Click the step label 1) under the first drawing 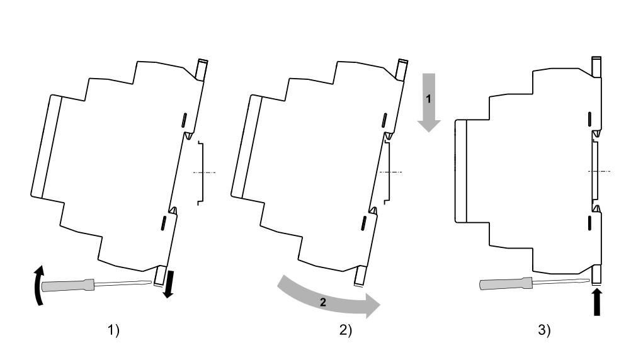113,332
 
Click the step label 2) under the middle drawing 346,332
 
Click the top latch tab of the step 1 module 202,69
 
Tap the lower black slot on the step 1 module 162,222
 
